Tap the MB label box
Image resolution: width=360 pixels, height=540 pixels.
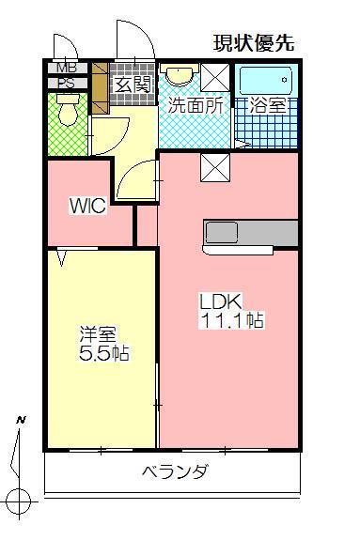pos(68,68)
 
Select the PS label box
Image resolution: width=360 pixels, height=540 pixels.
pos(68,83)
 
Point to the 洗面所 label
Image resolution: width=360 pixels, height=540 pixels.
pos(195,105)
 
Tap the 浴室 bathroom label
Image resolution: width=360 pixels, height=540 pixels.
pos(266,105)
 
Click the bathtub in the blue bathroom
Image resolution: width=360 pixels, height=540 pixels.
pos(266,79)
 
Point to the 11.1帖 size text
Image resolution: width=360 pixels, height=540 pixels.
pos(230,321)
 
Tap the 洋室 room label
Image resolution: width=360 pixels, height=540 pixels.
pos(97,333)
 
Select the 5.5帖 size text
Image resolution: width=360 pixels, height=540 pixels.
pos(103,354)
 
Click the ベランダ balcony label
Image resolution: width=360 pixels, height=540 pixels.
pos(175,471)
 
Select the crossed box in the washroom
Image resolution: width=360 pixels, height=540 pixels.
pos(215,77)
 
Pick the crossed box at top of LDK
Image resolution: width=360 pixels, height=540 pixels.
pos(213,169)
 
